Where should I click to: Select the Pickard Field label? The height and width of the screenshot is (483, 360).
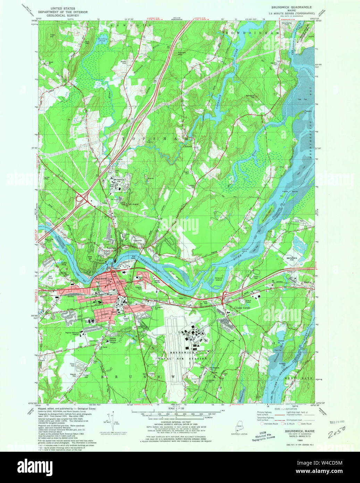(125, 318)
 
